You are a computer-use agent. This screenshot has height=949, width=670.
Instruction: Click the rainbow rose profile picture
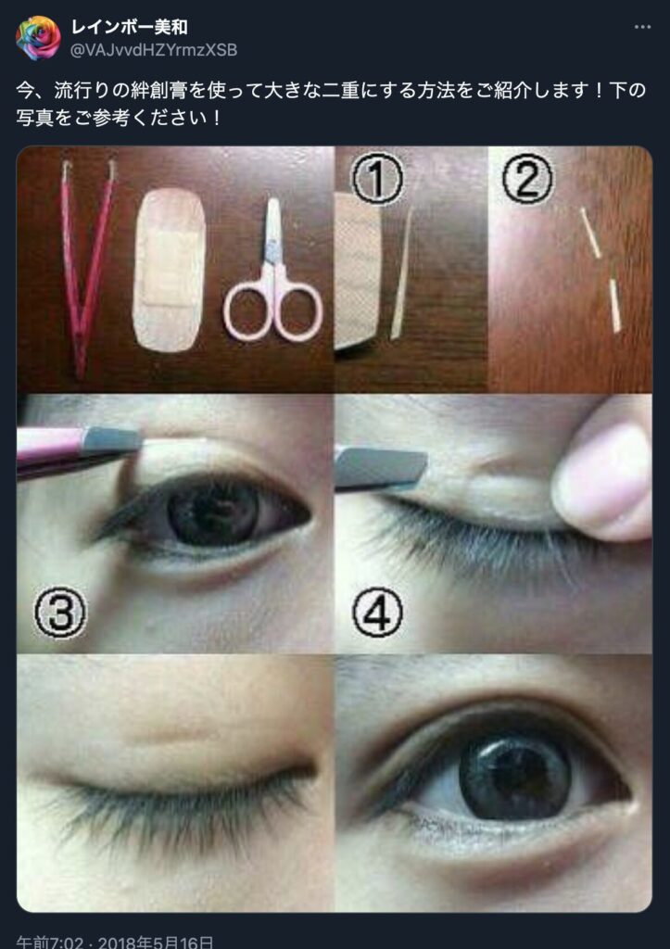tap(37, 37)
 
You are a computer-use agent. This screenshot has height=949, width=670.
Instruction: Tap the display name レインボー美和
tap(130, 27)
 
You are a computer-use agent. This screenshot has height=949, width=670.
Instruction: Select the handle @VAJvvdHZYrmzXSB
tap(154, 50)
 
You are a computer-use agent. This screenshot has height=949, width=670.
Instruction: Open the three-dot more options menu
tap(642, 27)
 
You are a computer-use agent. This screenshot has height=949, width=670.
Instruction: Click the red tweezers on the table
tap(88, 266)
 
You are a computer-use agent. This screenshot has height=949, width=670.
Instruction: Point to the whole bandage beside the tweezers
tap(169, 270)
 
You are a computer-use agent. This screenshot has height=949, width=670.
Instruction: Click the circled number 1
tap(377, 179)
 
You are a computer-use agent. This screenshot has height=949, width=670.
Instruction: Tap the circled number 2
tap(527, 177)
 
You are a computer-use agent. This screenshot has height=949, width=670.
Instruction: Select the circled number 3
tap(60, 613)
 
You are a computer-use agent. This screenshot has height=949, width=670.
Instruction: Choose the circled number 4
tap(378, 613)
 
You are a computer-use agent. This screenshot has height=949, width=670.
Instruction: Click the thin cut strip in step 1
tap(402, 272)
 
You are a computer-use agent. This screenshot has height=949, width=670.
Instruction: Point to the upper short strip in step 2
tap(590, 233)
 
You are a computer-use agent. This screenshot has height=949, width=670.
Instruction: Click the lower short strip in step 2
tap(615, 306)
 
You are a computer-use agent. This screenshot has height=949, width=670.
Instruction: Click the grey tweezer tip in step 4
tap(381, 467)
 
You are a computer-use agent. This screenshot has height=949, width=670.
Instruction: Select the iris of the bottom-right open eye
tap(515, 777)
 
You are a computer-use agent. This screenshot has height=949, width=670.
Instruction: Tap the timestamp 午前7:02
tap(50, 942)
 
